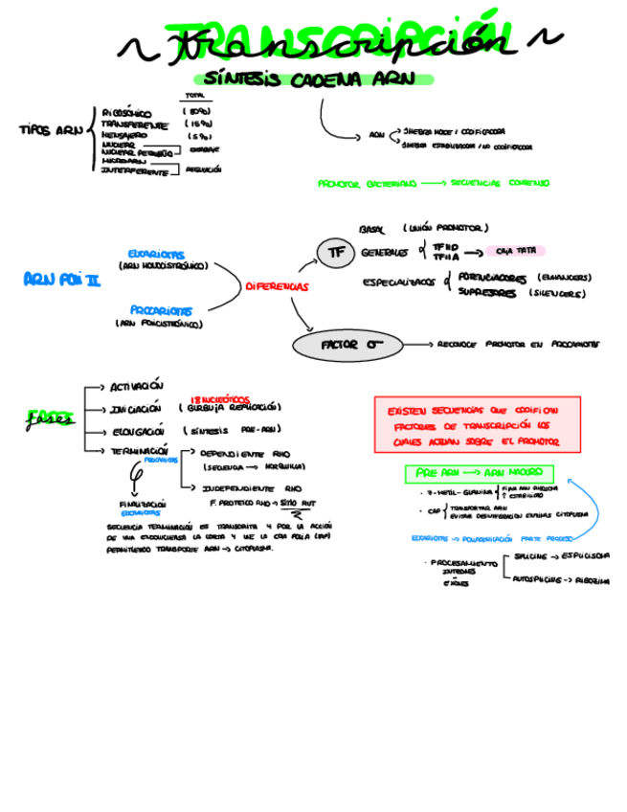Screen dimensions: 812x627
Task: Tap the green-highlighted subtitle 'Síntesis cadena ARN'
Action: click(x=302, y=81)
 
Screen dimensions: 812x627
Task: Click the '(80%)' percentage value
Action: click(x=196, y=112)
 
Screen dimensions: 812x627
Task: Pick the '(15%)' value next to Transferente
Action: click(x=196, y=124)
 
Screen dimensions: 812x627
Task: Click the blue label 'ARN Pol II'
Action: click(x=61, y=280)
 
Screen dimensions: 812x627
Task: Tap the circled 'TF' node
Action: click(x=335, y=253)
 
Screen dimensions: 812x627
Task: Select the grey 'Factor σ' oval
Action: click(x=347, y=344)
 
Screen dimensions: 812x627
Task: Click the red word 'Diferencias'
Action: click(x=278, y=286)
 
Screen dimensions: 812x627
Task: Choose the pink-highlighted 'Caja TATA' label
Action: click(x=514, y=251)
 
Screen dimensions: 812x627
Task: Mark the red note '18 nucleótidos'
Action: click(x=220, y=398)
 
